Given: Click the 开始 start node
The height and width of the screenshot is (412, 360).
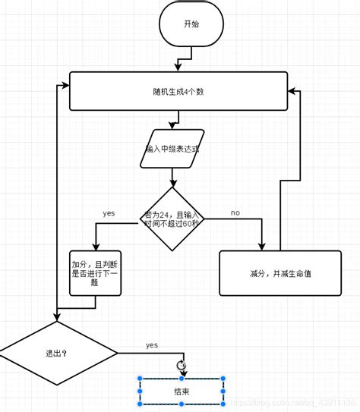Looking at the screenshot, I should point(191,24).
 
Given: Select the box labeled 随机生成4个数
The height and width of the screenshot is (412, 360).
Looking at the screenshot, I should point(178,92).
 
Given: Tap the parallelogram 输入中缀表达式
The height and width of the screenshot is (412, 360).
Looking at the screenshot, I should point(172,149).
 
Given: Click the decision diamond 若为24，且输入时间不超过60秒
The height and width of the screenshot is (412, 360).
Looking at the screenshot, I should point(172,219).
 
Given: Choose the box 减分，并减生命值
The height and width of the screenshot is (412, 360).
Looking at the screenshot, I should point(280,273).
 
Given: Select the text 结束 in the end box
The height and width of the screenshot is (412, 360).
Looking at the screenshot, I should point(181,392).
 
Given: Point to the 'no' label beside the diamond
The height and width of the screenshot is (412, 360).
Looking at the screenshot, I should point(235,213).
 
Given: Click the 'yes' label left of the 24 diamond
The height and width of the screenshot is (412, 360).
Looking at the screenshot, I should point(109,213).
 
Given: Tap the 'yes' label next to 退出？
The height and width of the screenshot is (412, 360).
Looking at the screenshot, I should point(151,345).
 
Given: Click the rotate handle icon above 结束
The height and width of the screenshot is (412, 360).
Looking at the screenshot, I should point(181,365).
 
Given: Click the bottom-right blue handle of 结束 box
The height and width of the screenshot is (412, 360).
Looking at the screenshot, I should point(224,404).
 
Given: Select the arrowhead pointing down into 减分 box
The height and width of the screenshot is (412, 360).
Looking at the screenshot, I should point(263,245).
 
